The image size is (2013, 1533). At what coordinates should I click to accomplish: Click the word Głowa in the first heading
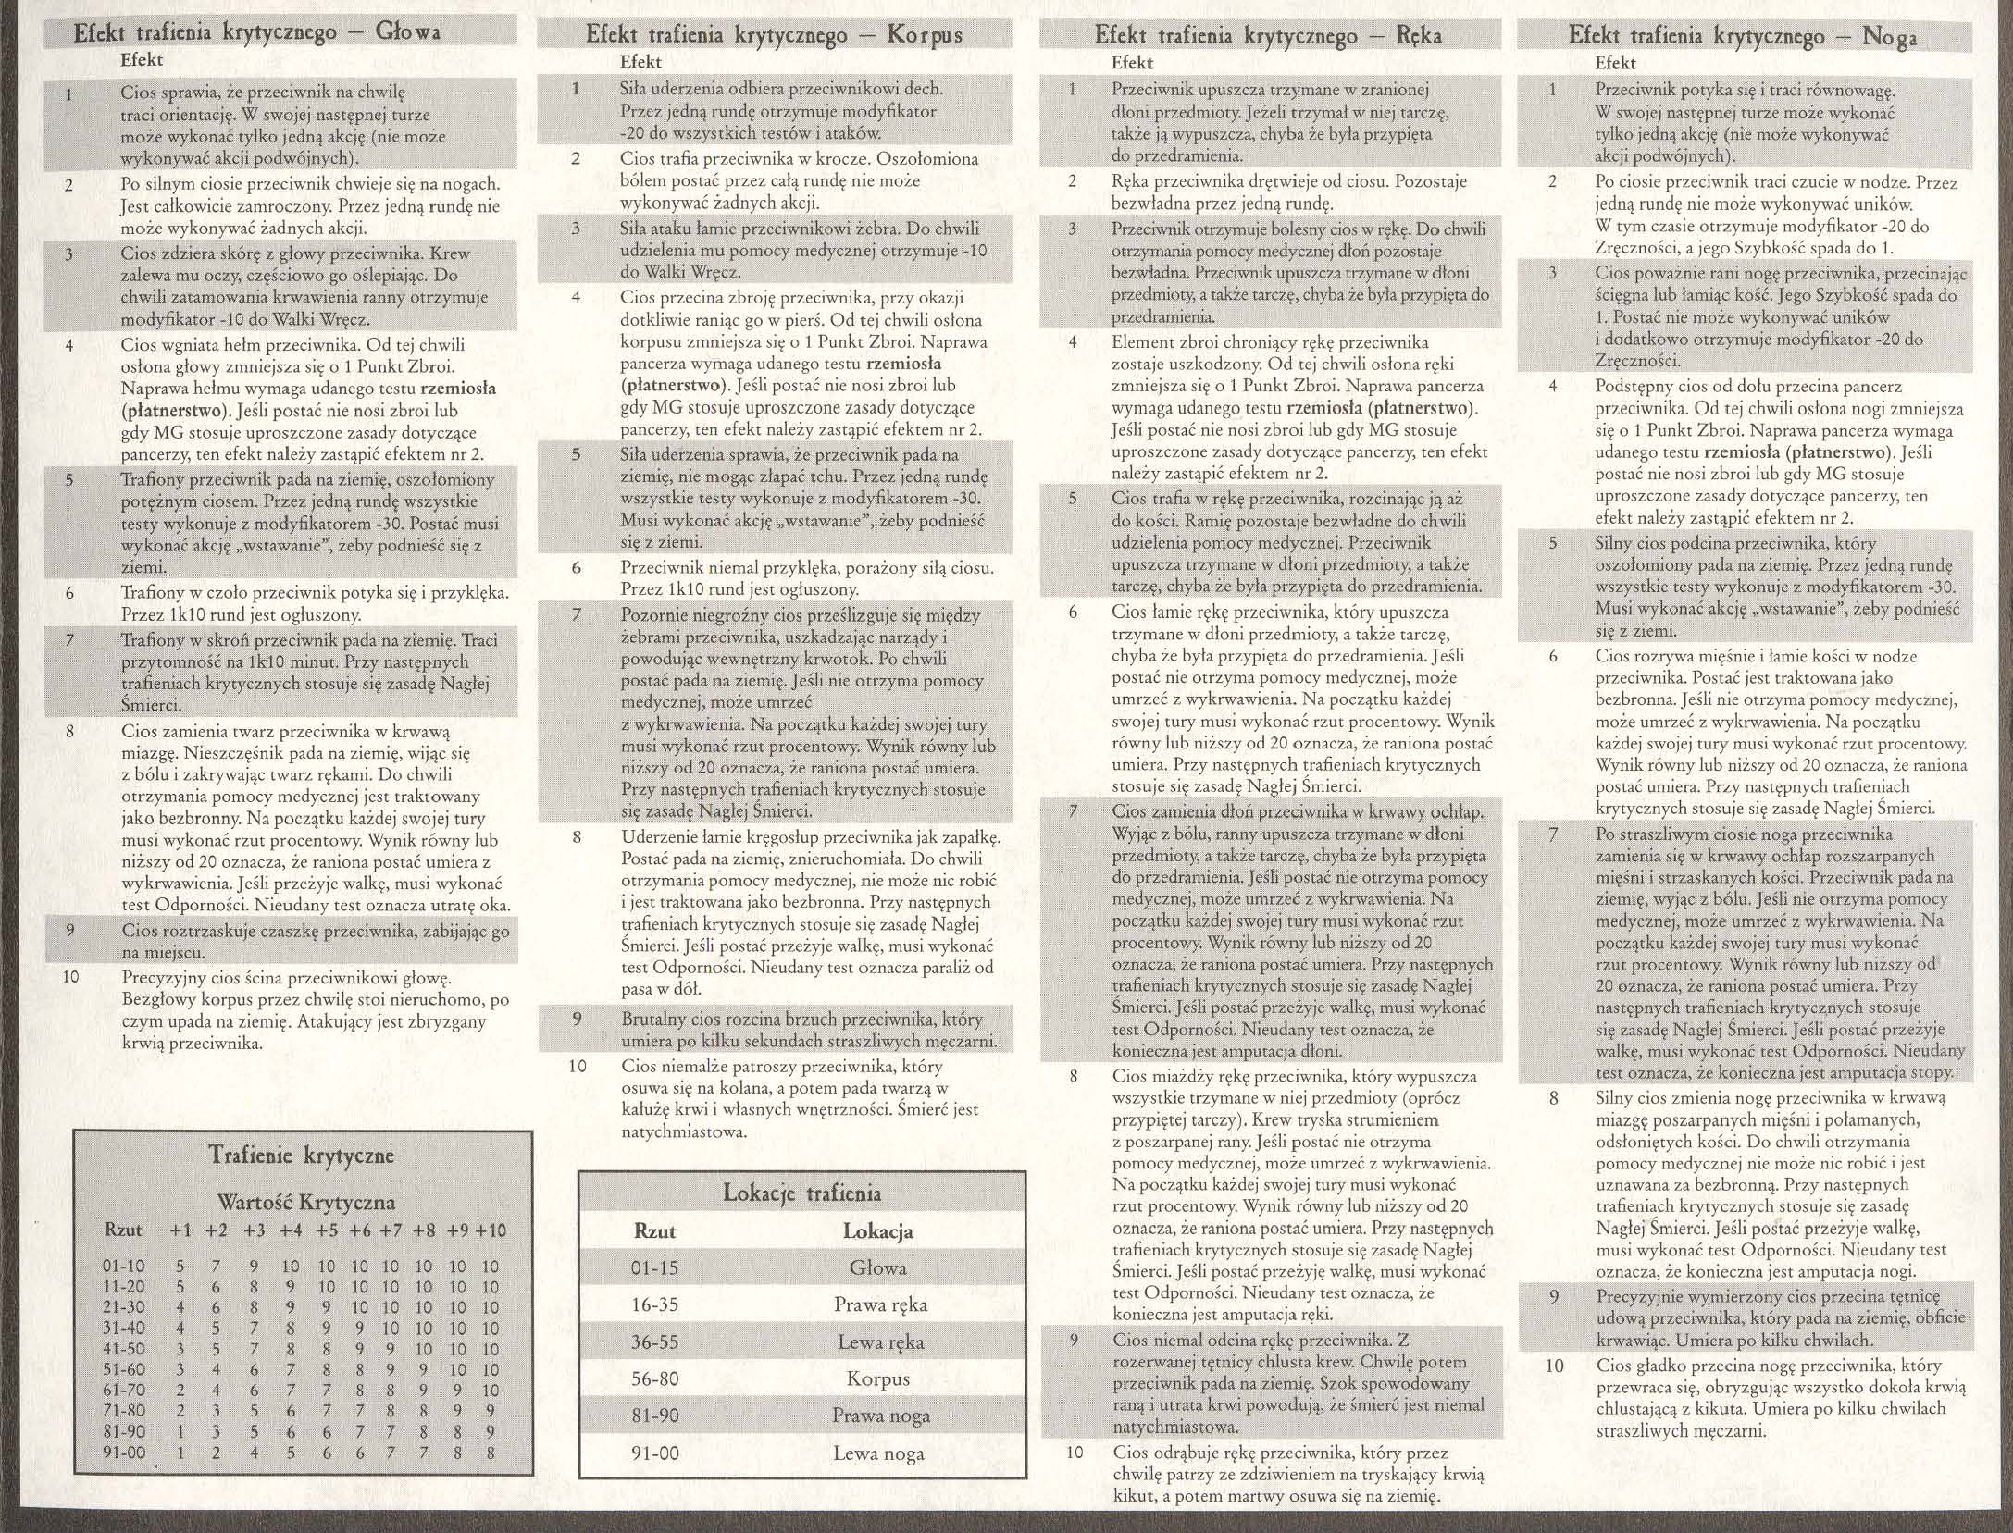click(407, 33)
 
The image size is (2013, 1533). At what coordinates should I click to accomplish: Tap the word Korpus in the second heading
click(925, 35)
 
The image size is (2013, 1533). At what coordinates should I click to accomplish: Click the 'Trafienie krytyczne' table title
click(302, 1156)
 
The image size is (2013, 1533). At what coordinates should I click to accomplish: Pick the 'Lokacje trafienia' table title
click(801, 1193)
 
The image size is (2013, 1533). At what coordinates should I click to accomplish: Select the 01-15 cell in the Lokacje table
click(654, 1268)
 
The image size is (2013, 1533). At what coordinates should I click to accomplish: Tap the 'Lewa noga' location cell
click(878, 1453)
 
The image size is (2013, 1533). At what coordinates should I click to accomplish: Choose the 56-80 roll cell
click(654, 1379)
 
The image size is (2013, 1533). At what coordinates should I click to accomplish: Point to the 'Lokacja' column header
click(877, 1231)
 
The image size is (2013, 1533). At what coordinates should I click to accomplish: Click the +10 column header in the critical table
click(491, 1230)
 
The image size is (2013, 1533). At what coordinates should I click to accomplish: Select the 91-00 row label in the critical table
click(123, 1453)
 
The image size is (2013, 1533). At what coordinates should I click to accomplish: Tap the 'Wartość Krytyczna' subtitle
click(305, 1203)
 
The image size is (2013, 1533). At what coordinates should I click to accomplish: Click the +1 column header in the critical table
click(180, 1230)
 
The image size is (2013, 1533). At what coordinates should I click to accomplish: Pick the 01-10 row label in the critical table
click(123, 1267)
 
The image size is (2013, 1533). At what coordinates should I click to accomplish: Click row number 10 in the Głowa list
click(71, 977)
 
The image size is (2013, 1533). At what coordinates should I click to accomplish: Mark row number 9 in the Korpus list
click(577, 1019)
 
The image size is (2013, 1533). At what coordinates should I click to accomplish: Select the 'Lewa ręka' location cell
click(878, 1342)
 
